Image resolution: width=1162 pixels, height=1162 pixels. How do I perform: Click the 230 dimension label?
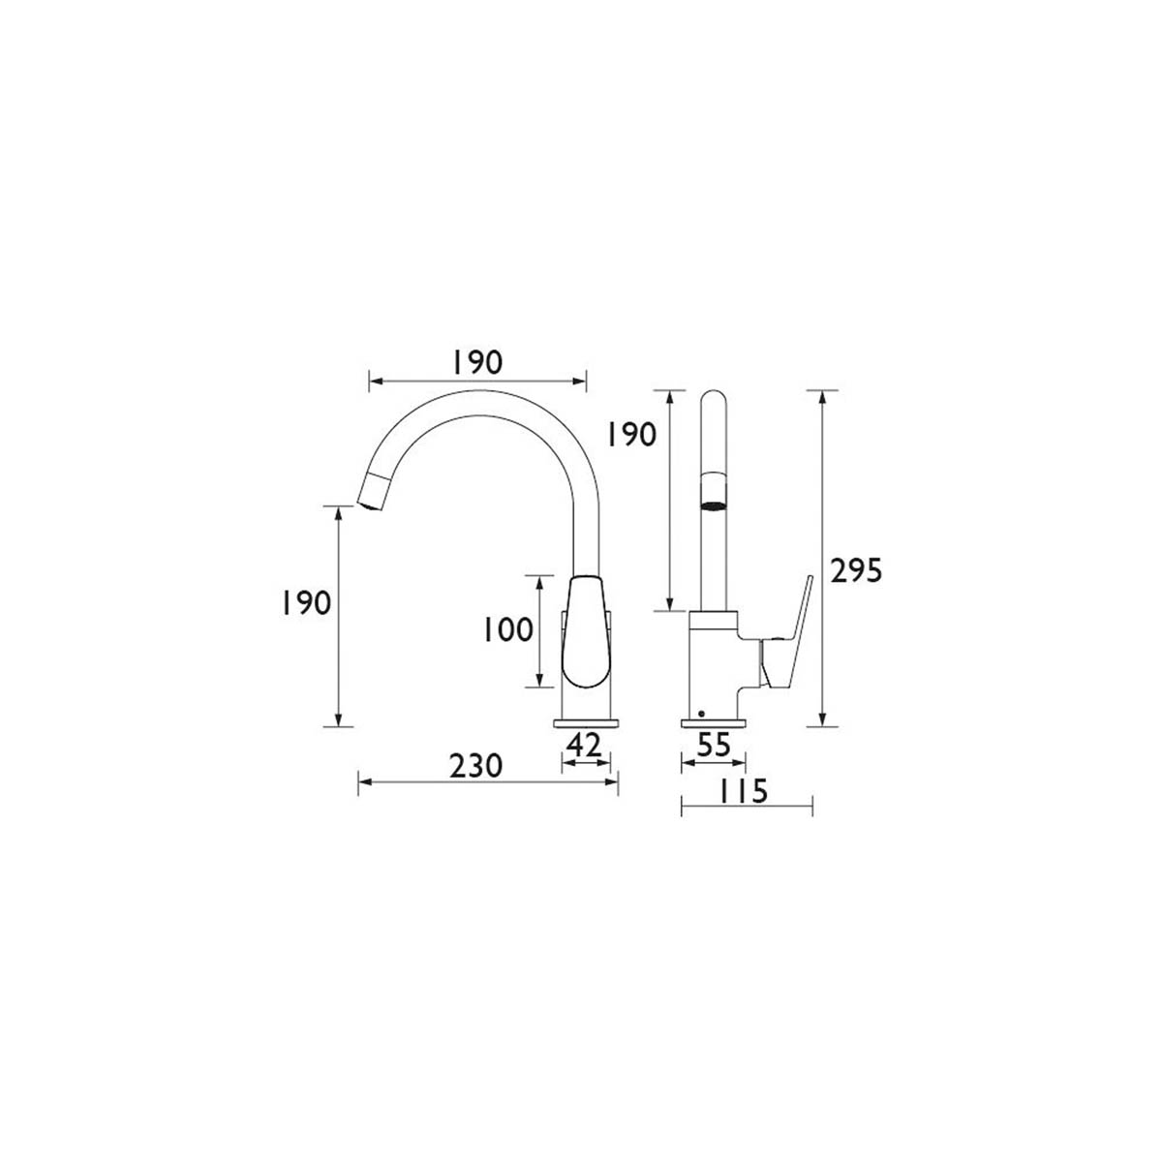click(475, 766)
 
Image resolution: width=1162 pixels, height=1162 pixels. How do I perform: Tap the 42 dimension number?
click(584, 746)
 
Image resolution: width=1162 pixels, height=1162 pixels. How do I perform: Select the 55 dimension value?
click(714, 746)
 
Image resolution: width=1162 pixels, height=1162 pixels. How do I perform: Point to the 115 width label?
click(743, 790)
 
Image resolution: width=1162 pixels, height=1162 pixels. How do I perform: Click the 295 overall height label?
click(856, 569)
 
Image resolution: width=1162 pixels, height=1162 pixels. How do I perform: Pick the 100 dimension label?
click(507, 630)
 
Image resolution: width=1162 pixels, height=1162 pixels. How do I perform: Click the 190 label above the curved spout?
click(477, 362)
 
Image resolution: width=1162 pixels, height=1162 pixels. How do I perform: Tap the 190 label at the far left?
click(306, 602)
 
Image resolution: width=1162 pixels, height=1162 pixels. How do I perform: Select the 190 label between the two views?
click(630, 434)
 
